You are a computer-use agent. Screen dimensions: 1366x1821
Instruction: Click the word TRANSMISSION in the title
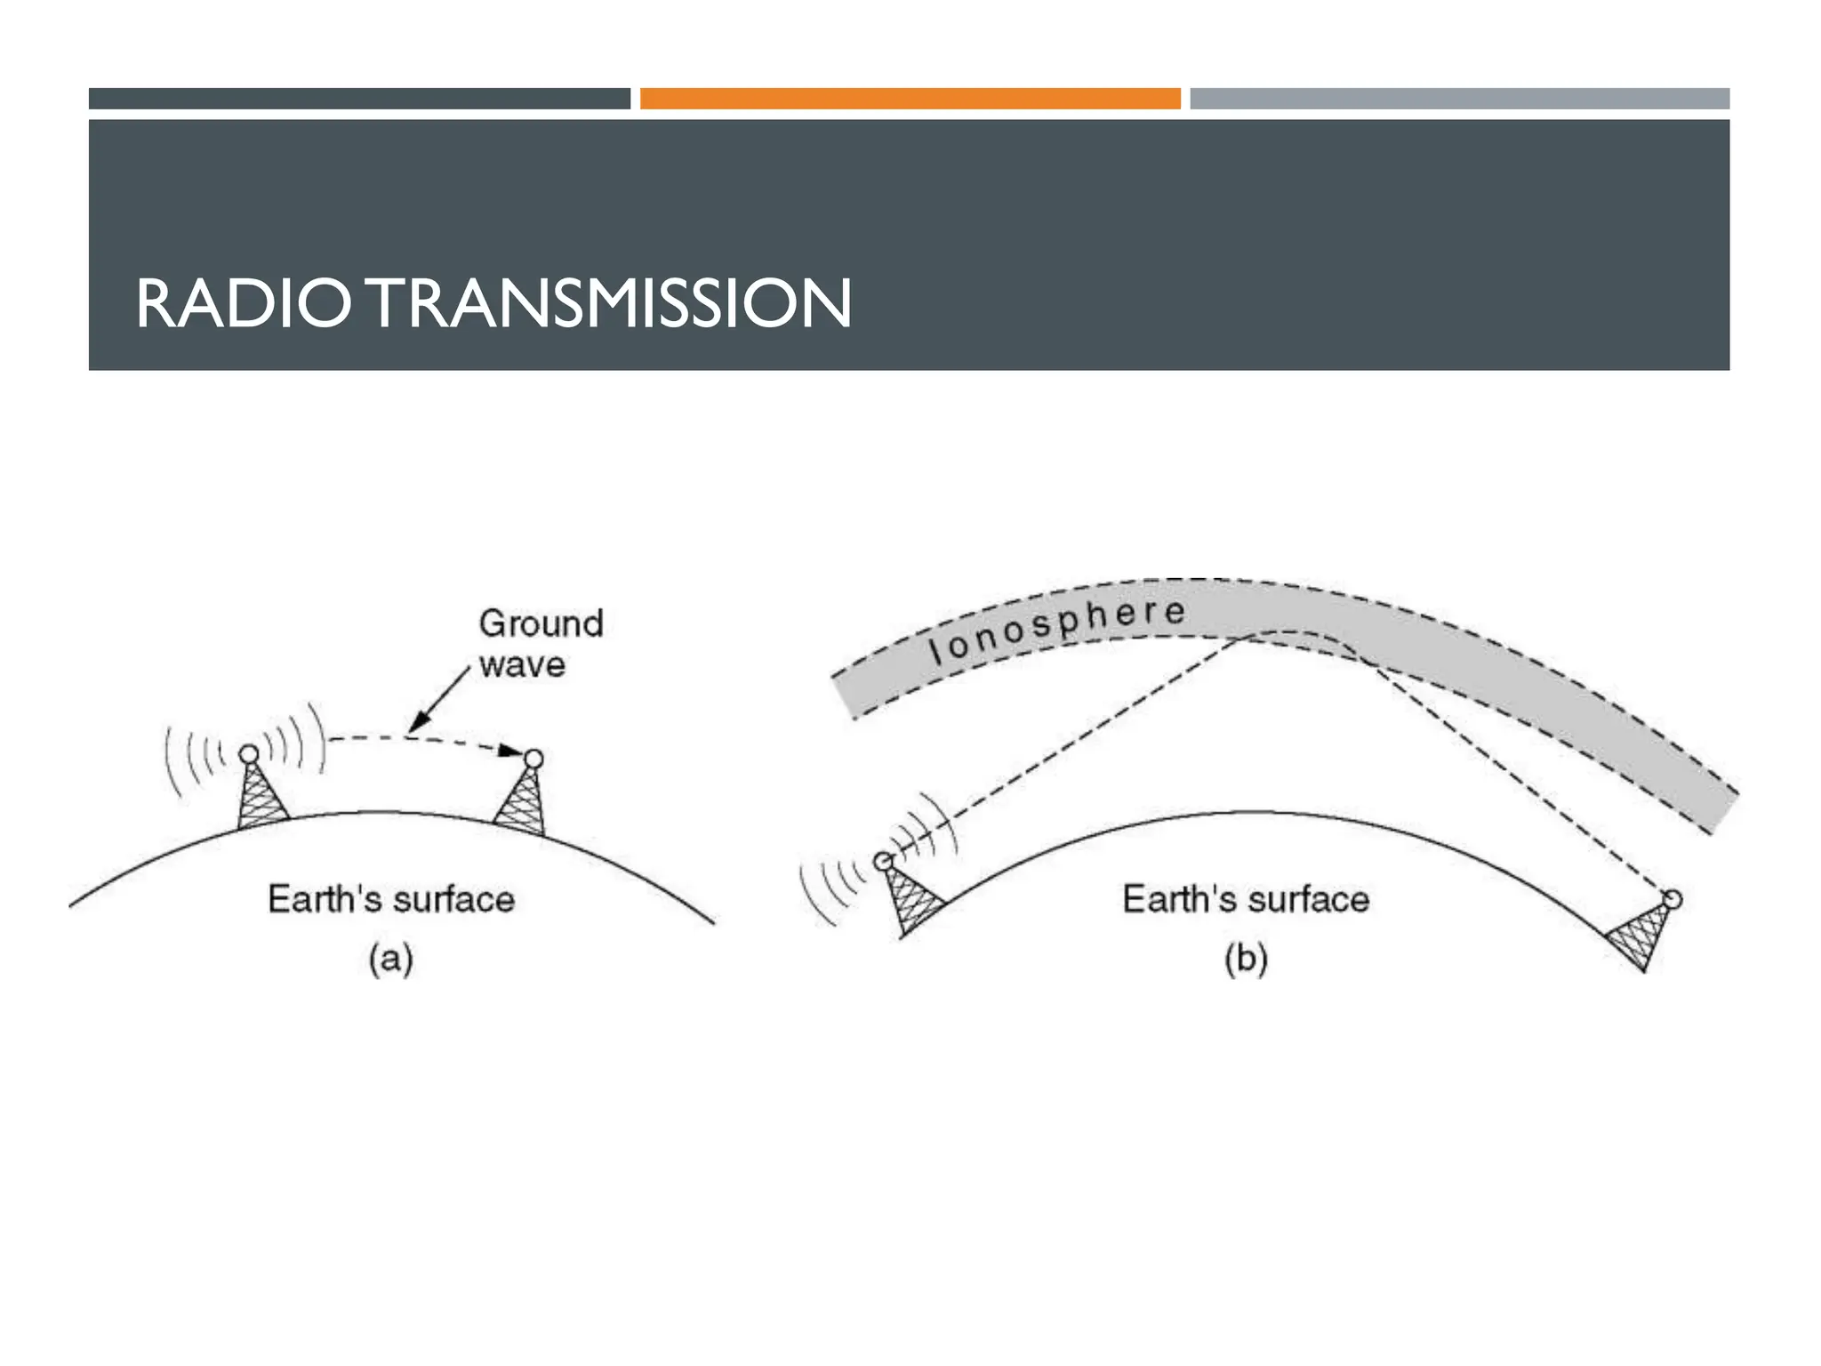pos(610,304)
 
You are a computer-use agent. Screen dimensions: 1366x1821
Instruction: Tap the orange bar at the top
pos(910,99)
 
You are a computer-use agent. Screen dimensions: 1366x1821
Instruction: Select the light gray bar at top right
pos(1459,99)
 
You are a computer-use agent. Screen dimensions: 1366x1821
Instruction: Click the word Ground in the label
pos(541,623)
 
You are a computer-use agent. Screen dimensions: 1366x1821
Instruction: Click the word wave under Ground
pos(522,665)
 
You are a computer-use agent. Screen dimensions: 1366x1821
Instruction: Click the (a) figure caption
pos(391,960)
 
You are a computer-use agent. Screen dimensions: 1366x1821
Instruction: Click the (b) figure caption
pos(1246,960)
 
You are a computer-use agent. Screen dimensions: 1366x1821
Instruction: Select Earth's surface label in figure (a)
pos(391,899)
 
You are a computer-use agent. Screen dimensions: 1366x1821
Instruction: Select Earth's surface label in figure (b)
pos(1246,899)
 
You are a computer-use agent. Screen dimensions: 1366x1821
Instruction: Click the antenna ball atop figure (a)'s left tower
pos(250,754)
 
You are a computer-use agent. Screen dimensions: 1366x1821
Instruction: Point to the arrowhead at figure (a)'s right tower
pos(509,751)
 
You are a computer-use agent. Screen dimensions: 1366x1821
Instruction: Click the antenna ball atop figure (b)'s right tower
pos(1673,899)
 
